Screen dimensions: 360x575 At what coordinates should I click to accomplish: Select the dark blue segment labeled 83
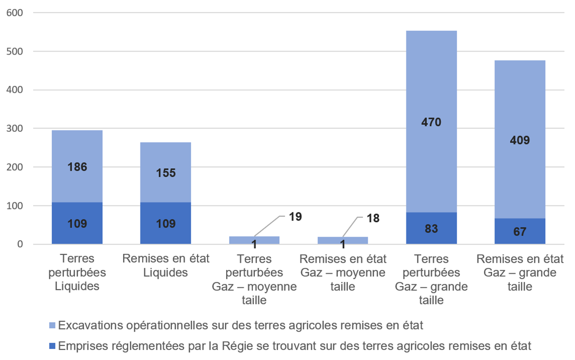pyautogui.click(x=432, y=228)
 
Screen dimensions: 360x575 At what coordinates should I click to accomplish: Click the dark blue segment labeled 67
pyautogui.click(x=520, y=232)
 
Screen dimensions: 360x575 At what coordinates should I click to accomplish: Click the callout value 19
pyautogui.click(x=295, y=216)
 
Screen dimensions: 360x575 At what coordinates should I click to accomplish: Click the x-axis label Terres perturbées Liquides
pyautogui.click(x=77, y=272)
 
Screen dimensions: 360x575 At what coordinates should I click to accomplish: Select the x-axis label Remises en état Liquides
pyautogui.click(x=166, y=266)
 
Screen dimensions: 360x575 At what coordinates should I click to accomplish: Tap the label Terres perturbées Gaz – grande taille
pyautogui.click(x=432, y=279)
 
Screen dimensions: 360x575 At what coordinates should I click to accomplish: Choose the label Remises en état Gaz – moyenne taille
pyautogui.click(x=343, y=272)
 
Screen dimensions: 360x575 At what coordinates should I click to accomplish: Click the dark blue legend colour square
pyautogui.click(x=53, y=346)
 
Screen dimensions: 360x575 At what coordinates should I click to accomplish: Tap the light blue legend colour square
pyautogui.click(x=53, y=326)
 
